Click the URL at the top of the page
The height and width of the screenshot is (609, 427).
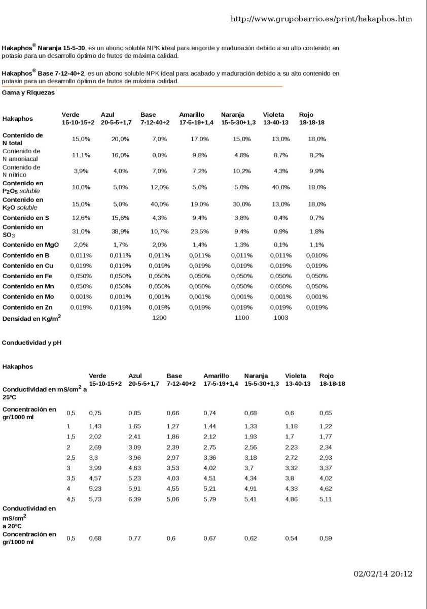(321, 19)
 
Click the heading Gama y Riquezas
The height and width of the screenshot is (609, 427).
(28, 93)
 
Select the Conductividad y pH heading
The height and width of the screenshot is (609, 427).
(31, 342)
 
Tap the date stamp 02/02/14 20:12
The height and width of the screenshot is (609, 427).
(383, 574)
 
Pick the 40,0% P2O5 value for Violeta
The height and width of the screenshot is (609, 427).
(280, 187)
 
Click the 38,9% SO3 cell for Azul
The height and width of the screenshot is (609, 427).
(120, 231)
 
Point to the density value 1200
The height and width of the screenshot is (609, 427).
(159, 318)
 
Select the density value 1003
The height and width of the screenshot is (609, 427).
(280, 318)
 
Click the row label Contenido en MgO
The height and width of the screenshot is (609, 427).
(30, 245)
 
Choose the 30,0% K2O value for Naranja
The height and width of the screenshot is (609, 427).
(241, 205)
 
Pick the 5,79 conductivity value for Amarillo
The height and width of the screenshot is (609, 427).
(210, 499)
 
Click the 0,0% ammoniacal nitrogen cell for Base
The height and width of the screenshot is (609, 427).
(159, 155)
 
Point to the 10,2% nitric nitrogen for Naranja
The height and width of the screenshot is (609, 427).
(241, 172)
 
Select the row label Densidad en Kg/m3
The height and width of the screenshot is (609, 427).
(31, 319)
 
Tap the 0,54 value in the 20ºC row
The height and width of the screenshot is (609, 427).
(291, 538)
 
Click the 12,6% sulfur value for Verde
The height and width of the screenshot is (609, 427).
(81, 218)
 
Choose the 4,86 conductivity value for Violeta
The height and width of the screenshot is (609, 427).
(291, 499)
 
